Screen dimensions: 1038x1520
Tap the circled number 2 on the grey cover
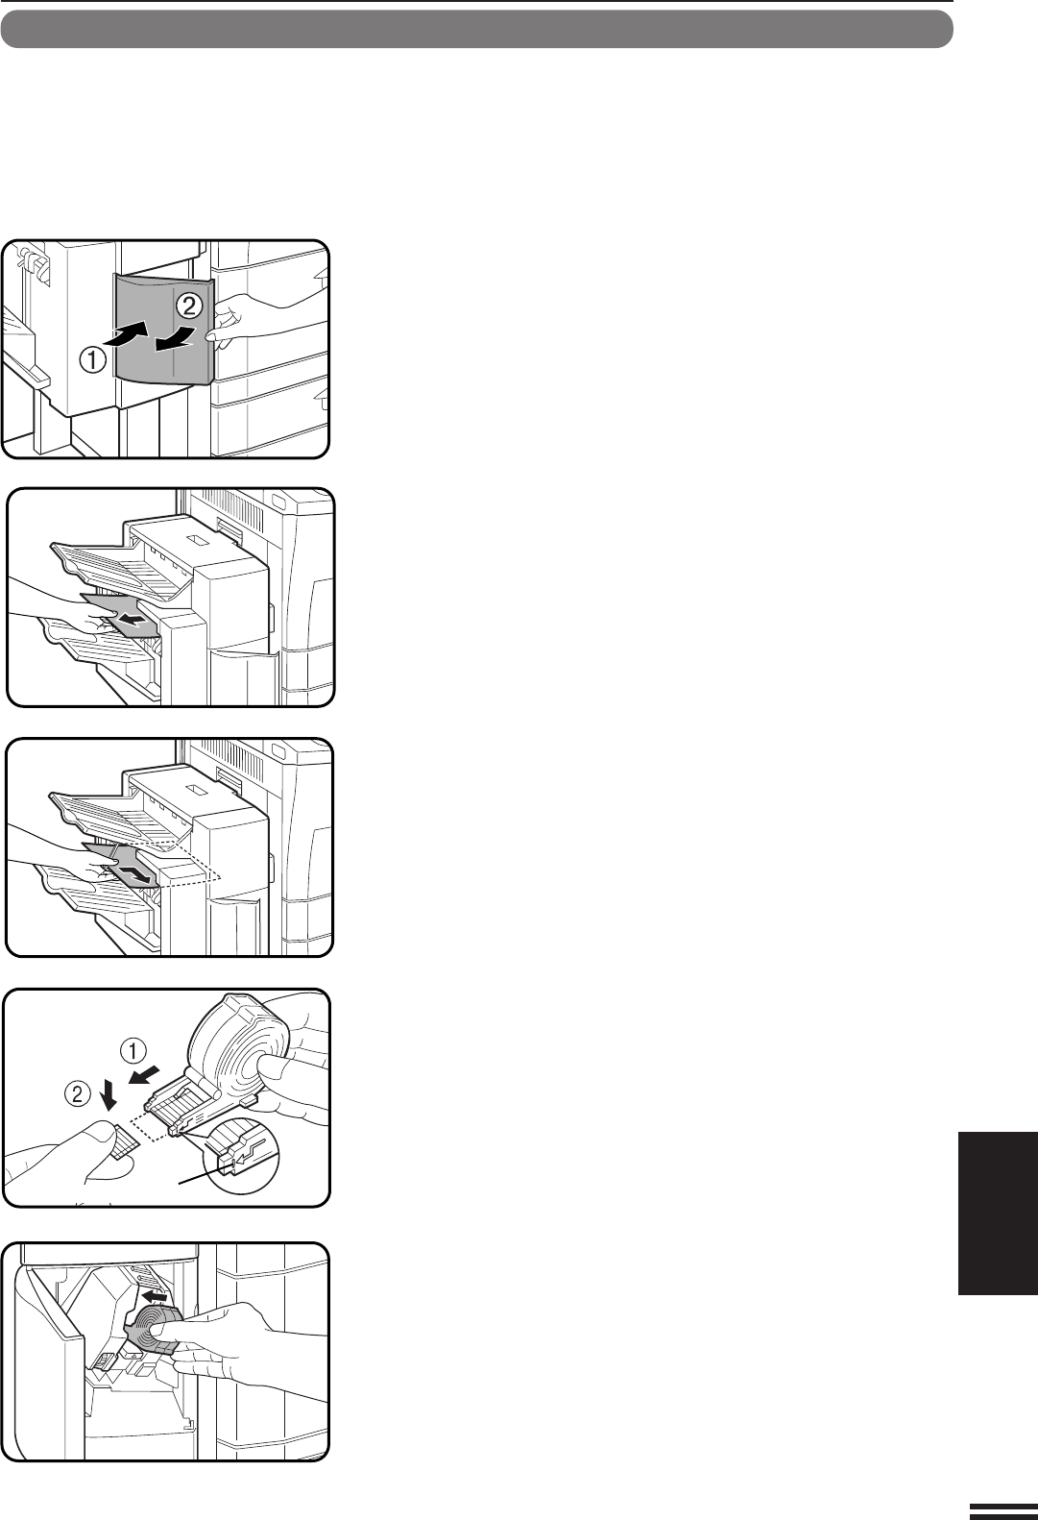[x=189, y=306]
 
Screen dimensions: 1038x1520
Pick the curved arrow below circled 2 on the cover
[x=177, y=340]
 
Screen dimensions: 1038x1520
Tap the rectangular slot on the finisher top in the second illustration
[x=198, y=540]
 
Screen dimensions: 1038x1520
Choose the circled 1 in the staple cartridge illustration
[x=133, y=1052]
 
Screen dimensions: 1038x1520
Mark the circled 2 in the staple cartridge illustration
[x=77, y=1094]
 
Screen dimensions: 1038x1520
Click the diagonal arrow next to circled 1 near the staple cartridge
[x=147, y=1073]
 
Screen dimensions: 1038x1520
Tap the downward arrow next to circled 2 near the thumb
[x=108, y=1091]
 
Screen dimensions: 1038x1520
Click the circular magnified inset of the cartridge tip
[x=241, y=1156]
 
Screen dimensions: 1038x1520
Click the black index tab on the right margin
[x=998, y=1214]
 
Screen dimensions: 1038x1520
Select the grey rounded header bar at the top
[x=476, y=29]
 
